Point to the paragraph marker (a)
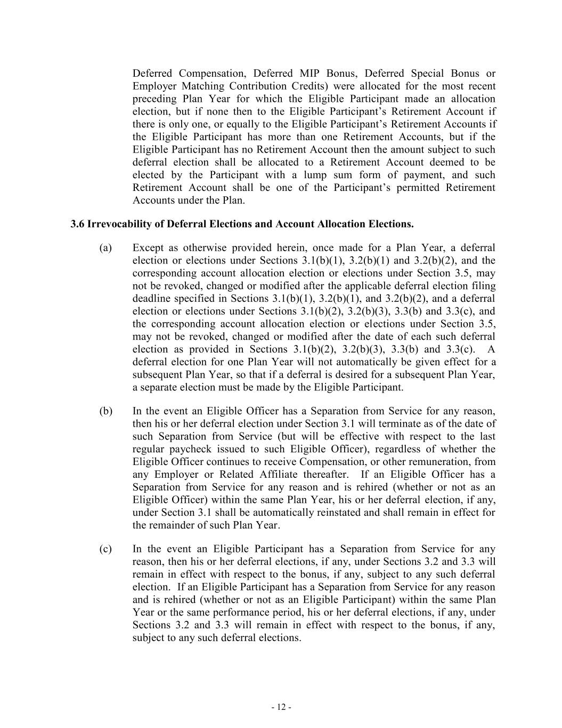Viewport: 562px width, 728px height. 105,248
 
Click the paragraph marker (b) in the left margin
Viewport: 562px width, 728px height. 105,411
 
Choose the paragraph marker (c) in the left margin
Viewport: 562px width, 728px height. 105,549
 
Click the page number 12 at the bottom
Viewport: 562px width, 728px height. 281,707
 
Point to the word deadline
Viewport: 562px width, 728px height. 150,299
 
